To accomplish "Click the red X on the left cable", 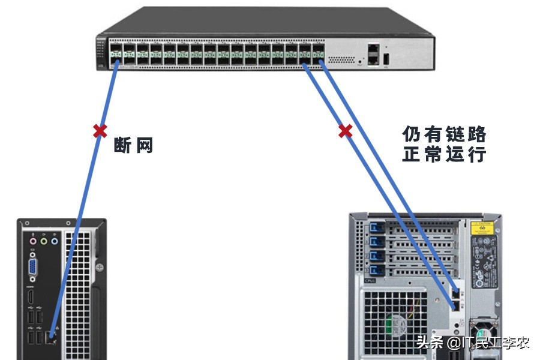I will point(100,131).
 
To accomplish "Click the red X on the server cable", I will point(345,131).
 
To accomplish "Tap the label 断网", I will point(134,145).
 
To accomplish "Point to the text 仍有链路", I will point(445,134).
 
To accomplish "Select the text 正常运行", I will point(445,154).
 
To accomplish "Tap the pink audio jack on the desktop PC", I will point(34,241).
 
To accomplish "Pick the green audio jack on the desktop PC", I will point(44,241).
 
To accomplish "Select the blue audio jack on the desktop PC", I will point(54,241).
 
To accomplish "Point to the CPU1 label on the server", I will point(370,280).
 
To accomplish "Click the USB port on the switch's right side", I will point(386,58).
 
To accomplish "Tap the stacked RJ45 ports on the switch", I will point(373,53).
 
